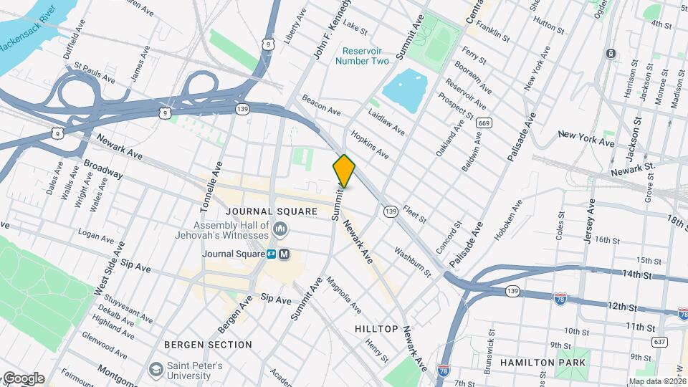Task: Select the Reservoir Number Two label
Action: [365, 56]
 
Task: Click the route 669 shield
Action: [485, 123]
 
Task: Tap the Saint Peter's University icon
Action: [156, 369]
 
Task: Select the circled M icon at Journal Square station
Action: [285, 254]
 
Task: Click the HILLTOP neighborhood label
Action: [376, 328]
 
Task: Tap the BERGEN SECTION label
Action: [209, 345]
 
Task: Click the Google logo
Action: [23, 378]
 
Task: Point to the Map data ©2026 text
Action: [657, 381]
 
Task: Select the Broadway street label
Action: [103, 169]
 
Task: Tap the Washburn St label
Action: [412, 262]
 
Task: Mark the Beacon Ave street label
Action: [321, 105]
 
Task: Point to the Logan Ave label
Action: [96, 235]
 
